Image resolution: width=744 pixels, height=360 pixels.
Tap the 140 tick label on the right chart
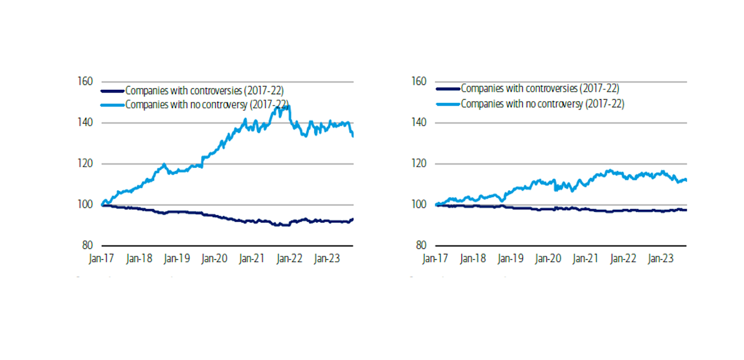coord(419,123)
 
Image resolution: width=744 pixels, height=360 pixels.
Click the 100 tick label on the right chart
coord(419,205)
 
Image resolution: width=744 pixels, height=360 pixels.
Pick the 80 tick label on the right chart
coord(421,246)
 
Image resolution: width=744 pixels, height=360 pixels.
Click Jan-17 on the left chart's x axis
coord(101,259)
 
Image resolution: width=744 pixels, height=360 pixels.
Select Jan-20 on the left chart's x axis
coord(214,259)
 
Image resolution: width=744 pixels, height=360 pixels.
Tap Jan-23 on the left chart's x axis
coord(326,259)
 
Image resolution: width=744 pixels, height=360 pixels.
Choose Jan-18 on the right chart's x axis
coord(472,259)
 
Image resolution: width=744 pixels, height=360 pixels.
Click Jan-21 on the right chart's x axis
coord(584,259)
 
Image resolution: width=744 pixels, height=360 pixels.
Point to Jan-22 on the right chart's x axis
coord(622,259)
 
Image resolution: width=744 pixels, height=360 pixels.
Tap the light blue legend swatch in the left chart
coord(113,104)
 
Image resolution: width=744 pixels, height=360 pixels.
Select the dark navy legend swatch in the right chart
coord(448,88)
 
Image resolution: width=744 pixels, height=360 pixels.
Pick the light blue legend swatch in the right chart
coord(448,103)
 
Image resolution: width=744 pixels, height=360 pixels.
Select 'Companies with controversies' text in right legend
coord(540,88)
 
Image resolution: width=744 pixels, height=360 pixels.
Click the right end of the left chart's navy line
coord(353,219)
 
